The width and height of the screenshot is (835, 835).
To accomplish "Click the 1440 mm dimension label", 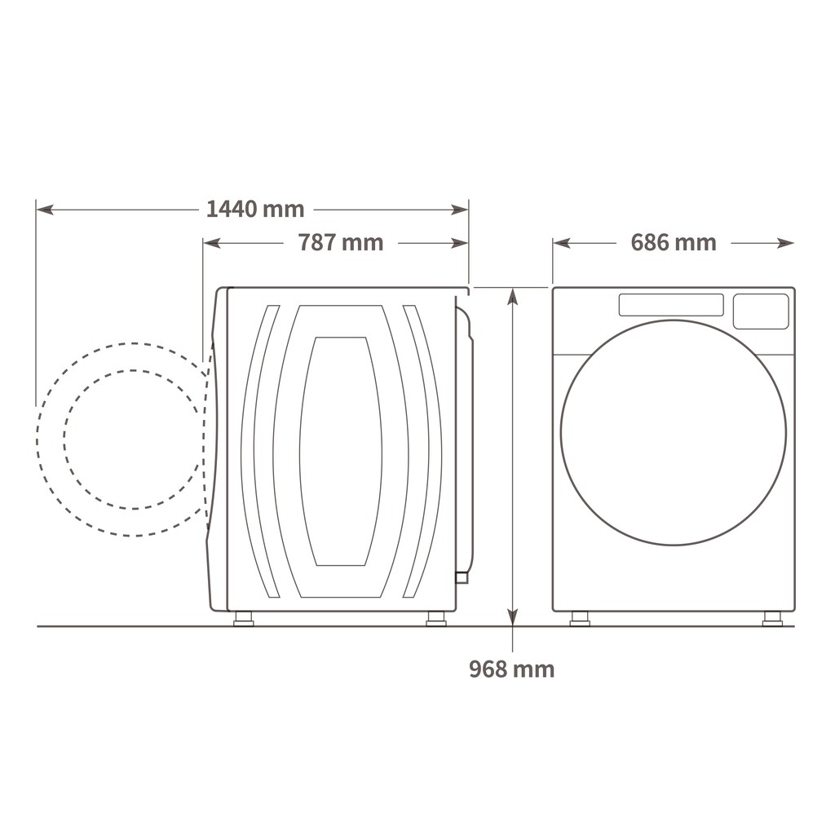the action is [x=255, y=209].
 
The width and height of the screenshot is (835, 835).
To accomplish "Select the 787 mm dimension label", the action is [x=340, y=242].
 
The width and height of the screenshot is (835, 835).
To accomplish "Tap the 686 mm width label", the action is [x=673, y=242].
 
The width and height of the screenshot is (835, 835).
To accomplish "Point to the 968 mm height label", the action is [x=512, y=669].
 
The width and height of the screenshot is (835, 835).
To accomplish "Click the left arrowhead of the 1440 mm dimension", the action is [x=45, y=210].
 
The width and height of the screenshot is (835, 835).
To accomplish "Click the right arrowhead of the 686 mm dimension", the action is [x=785, y=243].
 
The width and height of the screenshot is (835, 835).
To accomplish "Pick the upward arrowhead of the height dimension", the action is [x=512, y=296].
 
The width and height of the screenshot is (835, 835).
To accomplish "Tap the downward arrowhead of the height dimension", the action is [x=512, y=616].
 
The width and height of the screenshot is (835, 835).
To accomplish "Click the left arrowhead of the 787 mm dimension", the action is [x=212, y=243].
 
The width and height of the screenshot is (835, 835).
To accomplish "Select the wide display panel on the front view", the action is [x=671, y=305].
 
